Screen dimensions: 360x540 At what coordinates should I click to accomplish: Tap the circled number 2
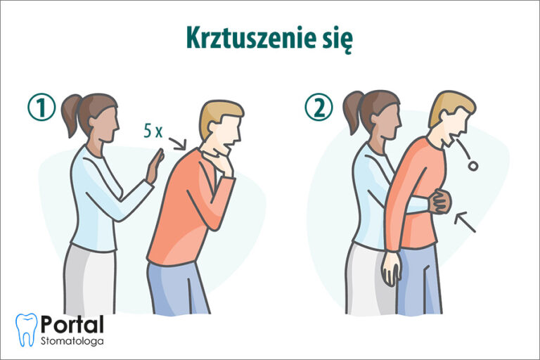tap(318, 108)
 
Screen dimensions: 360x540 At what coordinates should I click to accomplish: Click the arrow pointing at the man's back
tap(179, 143)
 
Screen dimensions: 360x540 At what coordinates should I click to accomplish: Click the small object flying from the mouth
tap(473, 165)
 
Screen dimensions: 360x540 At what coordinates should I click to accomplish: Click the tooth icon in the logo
tap(26, 330)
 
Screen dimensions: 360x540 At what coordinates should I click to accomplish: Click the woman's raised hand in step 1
tap(155, 166)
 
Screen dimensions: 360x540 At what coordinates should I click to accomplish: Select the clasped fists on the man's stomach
tap(439, 202)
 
